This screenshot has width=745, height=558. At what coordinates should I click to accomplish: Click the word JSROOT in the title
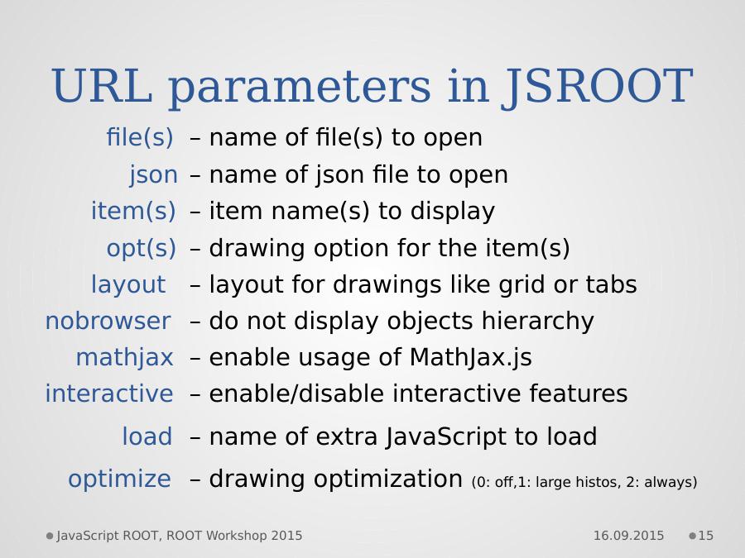(x=597, y=86)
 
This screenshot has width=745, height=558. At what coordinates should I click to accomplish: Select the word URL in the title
(x=103, y=85)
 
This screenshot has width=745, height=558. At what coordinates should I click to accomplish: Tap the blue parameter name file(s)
(x=140, y=137)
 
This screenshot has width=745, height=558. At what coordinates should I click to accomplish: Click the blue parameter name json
(x=153, y=175)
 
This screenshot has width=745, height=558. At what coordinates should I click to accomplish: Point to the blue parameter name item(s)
(x=133, y=211)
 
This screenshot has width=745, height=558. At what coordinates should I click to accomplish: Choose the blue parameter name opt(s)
(x=141, y=248)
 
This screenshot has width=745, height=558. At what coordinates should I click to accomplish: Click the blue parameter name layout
(x=128, y=284)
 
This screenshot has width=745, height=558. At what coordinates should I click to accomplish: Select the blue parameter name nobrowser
(x=108, y=321)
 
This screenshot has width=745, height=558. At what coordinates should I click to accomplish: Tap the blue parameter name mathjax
(x=124, y=358)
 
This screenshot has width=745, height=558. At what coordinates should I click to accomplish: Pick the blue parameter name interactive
(x=109, y=393)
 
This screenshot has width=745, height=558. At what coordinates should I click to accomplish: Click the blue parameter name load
(x=147, y=436)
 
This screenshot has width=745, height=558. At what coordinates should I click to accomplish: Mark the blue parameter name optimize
(x=120, y=479)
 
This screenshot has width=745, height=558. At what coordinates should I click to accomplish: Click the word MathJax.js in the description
(x=470, y=358)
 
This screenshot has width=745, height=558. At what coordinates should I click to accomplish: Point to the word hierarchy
(x=538, y=322)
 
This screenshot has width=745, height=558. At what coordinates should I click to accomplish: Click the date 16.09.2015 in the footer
(x=628, y=536)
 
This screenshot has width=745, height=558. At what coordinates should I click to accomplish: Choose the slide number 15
(x=705, y=536)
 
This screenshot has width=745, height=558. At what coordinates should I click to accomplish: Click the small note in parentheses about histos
(x=584, y=483)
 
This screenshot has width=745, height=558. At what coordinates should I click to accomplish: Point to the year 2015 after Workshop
(x=286, y=536)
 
